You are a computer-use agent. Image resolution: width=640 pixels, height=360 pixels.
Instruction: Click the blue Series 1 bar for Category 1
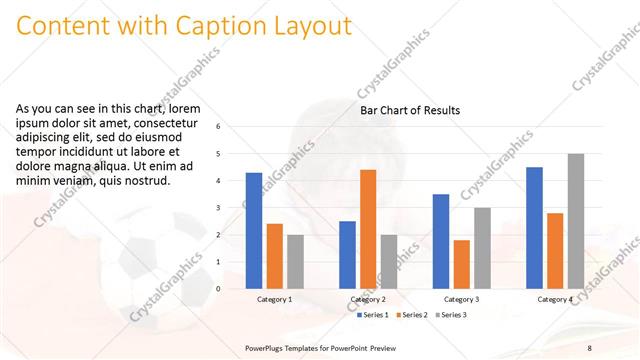(x=254, y=230)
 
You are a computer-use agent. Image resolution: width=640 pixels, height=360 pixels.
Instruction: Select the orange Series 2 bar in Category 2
(x=368, y=228)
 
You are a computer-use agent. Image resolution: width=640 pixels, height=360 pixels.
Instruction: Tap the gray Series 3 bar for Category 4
(x=575, y=220)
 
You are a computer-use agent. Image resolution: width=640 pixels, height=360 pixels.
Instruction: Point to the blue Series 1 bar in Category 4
(x=534, y=227)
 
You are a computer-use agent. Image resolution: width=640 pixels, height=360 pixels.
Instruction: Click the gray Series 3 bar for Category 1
(x=295, y=261)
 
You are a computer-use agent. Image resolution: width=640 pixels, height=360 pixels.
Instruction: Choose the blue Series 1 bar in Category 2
(x=347, y=254)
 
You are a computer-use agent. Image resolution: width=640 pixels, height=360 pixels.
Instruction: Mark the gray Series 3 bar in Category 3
(x=482, y=247)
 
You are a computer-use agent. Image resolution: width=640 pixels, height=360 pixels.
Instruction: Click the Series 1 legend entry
(x=374, y=315)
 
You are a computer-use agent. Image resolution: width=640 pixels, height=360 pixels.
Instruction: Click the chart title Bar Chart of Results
(x=410, y=110)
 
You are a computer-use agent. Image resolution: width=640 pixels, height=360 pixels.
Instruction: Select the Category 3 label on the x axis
(x=461, y=299)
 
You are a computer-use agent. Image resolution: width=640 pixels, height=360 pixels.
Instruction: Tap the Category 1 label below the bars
(x=274, y=299)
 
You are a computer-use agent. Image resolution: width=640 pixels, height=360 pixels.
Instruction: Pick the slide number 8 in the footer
(x=590, y=347)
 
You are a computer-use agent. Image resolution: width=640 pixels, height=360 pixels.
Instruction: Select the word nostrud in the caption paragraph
(x=147, y=181)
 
